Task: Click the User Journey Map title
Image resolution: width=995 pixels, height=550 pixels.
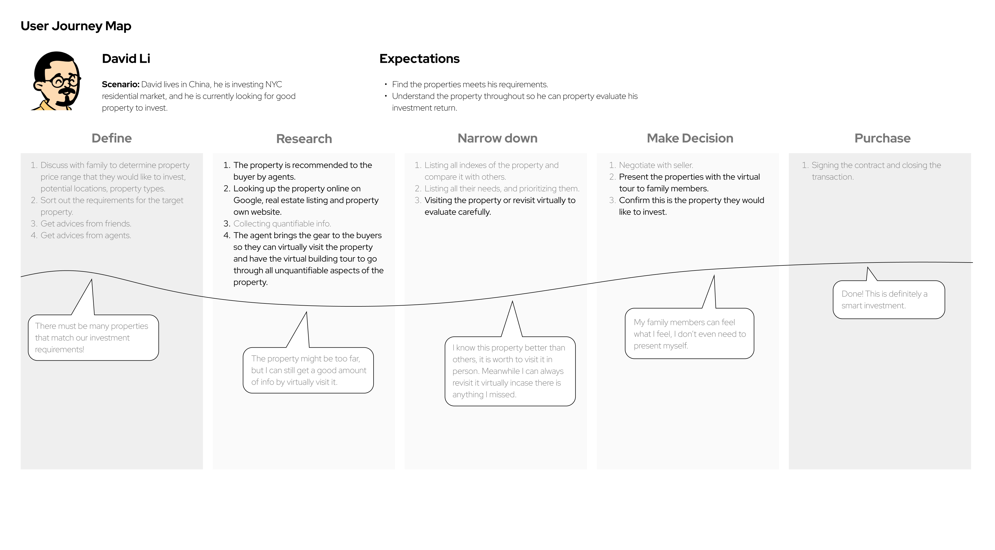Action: point(76,26)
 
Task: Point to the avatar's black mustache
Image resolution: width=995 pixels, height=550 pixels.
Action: point(66,91)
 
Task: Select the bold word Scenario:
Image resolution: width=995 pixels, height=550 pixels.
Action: point(121,84)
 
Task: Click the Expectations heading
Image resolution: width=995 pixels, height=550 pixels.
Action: point(420,59)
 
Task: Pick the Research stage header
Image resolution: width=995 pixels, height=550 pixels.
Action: point(304,139)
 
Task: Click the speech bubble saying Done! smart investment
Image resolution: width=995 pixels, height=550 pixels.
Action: point(889,300)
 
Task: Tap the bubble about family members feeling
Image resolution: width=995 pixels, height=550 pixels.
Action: point(690,333)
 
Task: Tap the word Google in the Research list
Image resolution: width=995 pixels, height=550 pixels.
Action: point(247,200)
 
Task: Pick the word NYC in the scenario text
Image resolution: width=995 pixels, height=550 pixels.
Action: point(273,84)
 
